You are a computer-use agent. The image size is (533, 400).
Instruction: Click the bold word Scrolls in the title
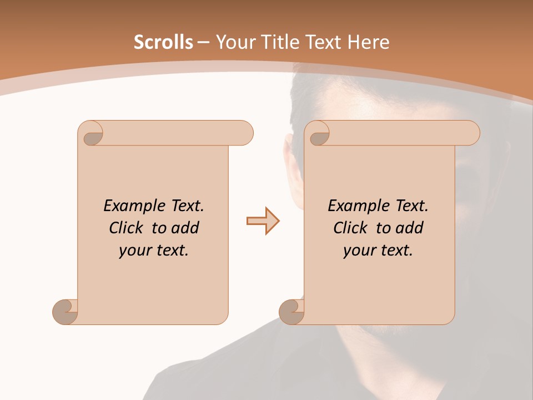click(x=163, y=42)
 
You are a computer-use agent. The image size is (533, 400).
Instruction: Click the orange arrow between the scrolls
click(x=263, y=221)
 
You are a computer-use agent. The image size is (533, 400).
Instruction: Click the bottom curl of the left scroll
click(x=65, y=312)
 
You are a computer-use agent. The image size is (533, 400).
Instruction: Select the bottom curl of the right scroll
click(x=291, y=312)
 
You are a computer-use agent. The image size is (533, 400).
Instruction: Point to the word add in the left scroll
click(x=186, y=228)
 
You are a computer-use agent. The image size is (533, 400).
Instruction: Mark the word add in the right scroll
click(x=410, y=228)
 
